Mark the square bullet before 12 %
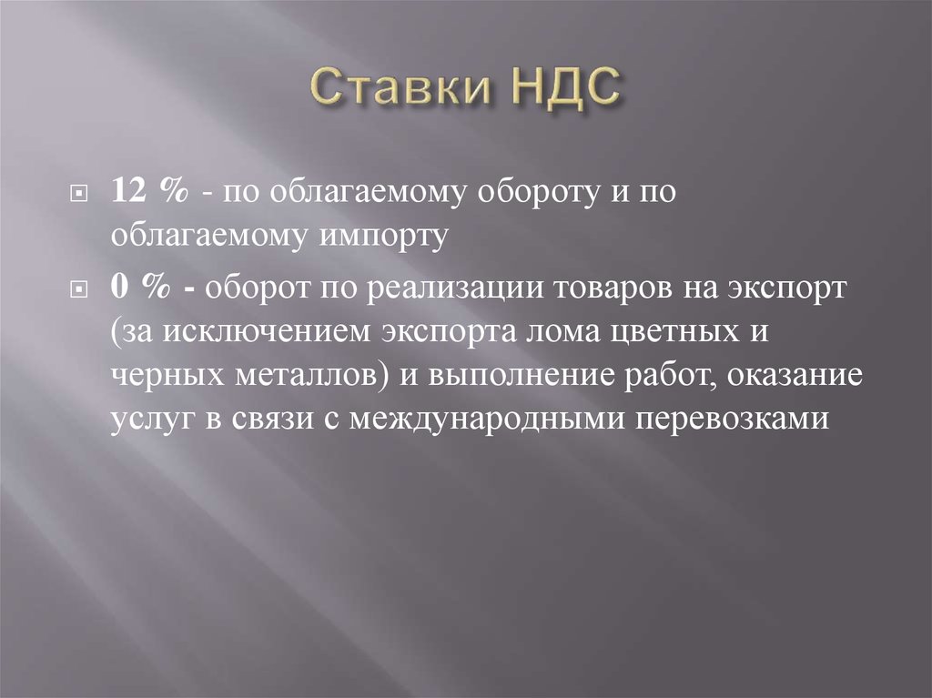click(x=80, y=196)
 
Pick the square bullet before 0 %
click(x=80, y=289)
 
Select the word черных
click(x=157, y=376)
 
